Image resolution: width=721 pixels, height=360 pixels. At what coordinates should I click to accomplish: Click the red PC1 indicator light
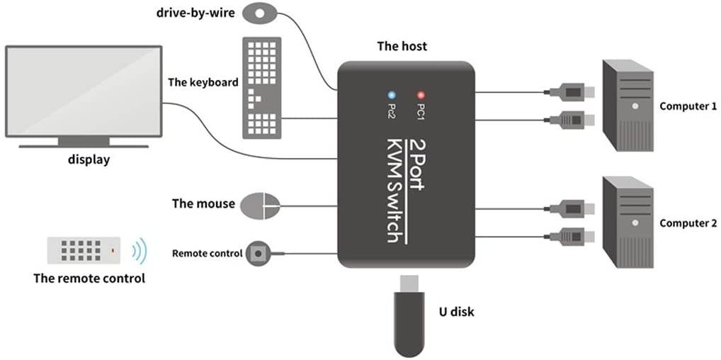(x=420, y=94)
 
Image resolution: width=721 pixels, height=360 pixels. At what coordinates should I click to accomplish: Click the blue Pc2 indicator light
(x=391, y=94)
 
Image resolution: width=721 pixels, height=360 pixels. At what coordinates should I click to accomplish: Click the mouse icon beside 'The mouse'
(x=260, y=206)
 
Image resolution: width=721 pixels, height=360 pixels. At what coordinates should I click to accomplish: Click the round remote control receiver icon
(x=260, y=253)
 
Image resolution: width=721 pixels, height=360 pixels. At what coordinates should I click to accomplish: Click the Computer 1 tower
(x=627, y=106)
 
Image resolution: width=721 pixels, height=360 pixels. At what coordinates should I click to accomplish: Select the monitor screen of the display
(x=83, y=90)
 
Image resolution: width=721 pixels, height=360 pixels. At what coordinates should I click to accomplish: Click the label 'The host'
(x=402, y=47)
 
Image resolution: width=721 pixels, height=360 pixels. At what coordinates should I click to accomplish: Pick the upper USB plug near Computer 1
(x=571, y=91)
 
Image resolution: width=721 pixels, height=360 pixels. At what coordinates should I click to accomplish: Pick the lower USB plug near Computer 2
(x=571, y=235)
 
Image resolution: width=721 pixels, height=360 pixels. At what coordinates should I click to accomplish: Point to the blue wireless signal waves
(x=140, y=250)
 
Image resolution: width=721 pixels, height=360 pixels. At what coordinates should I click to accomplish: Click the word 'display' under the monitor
(x=89, y=159)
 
